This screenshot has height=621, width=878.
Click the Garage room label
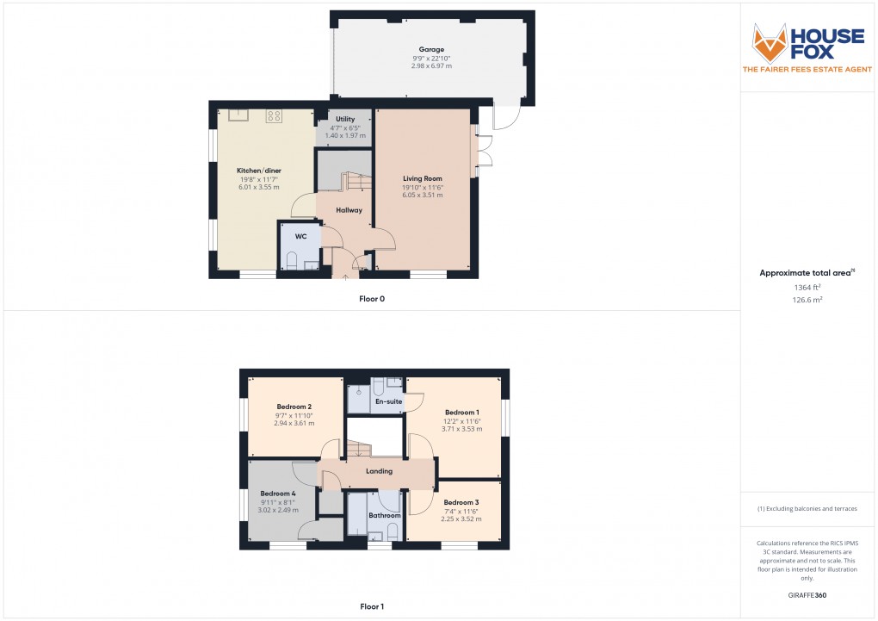[x=432, y=49]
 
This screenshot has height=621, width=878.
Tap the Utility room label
[x=345, y=119]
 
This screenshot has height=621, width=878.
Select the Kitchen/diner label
[x=259, y=171]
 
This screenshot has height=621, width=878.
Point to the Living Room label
[x=422, y=178]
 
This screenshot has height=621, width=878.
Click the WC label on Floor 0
[x=300, y=236]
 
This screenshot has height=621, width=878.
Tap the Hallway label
[x=349, y=210]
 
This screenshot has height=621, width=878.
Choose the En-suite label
[x=388, y=401]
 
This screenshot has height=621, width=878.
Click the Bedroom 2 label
[x=294, y=407]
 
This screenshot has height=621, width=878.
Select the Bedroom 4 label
[x=277, y=494]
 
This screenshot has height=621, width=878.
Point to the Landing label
[x=379, y=471]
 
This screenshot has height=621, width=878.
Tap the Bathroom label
[x=384, y=515]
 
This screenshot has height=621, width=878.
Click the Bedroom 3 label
[x=461, y=502]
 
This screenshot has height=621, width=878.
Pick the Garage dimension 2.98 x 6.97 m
[x=432, y=66]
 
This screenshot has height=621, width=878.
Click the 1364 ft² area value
[x=807, y=288]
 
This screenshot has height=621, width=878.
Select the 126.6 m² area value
[x=807, y=301]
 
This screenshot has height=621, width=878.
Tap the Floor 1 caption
[x=372, y=606]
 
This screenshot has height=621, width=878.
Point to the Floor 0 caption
[x=372, y=299]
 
